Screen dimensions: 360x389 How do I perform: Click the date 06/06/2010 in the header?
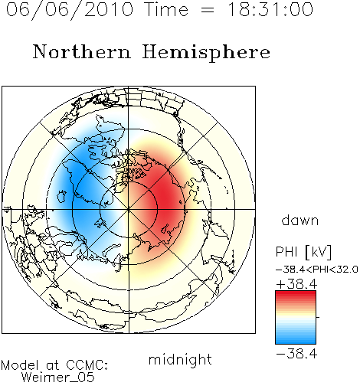pos(70,10)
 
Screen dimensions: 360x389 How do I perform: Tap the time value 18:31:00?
pos(270,9)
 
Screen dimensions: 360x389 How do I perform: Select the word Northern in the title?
pos(82,51)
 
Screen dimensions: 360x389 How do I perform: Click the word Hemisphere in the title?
pos(206,53)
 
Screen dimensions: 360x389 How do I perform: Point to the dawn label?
pos(300,220)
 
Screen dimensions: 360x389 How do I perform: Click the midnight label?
pos(180,360)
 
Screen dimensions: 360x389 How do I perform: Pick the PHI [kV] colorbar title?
pos(303,252)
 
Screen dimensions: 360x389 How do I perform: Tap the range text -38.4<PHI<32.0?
pos(317,270)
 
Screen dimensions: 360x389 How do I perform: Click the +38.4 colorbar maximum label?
pos(296,284)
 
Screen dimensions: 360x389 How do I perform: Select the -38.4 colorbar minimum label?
pos(296,354)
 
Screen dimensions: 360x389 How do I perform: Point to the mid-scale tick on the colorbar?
pos(318,317)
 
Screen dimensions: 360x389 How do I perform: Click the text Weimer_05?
pos(57,378)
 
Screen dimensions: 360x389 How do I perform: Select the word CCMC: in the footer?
pos(87,365)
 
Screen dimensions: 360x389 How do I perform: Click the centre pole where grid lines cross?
pos(128,209)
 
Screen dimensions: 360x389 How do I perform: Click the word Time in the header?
pos(166,9)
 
